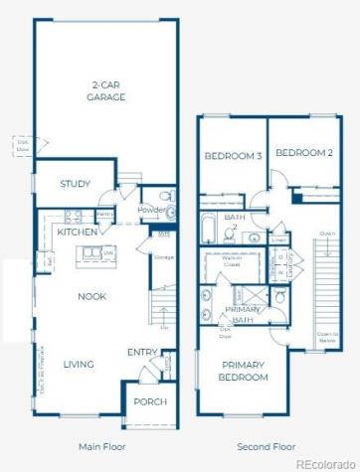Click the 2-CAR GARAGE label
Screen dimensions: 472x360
pyautogui.click(x=106, y=91)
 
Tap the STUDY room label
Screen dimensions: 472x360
pyautogui.click(x=75, y=184)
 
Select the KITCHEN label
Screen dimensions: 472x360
pyautogui.click(x=77, y=232)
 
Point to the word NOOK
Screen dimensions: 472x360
pyautogui.click(x=92, y=295)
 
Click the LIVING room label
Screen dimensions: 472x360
pyautogui.click(x=79, y=365)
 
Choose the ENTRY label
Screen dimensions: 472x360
pyautogui.click(x=140, y=352)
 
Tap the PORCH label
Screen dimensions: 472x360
pyautogui.click(x=150, y=401)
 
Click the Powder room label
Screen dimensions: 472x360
pyautogui.click(x=151, y=210)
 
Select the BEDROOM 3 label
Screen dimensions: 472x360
pyautogui.click(x=233, y=156)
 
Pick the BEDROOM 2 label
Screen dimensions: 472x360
pyautogui.click(x=303, y=153)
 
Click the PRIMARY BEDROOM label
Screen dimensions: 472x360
pyautogui.click(x=244, y=371)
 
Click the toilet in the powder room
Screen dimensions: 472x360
pyautogui.click(x=169, y=211)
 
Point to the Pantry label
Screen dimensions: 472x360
pyautogui.click(x=105, y=214)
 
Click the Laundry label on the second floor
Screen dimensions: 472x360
pyautogui.click(x=289, y=264)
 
